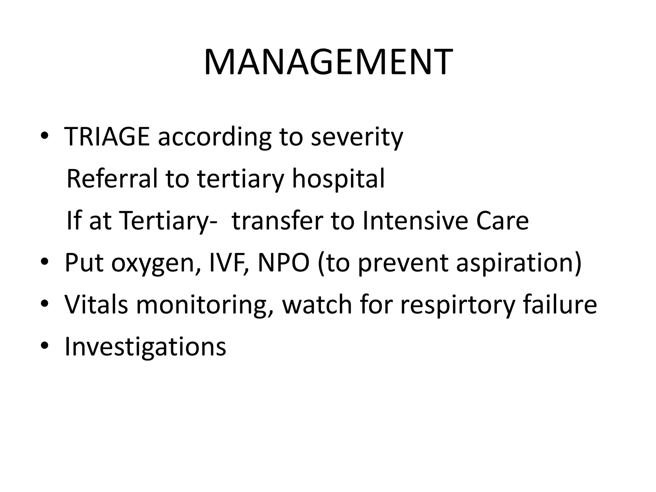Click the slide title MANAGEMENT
328,62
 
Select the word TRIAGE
107,137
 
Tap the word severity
357,137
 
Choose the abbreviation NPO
284,263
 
